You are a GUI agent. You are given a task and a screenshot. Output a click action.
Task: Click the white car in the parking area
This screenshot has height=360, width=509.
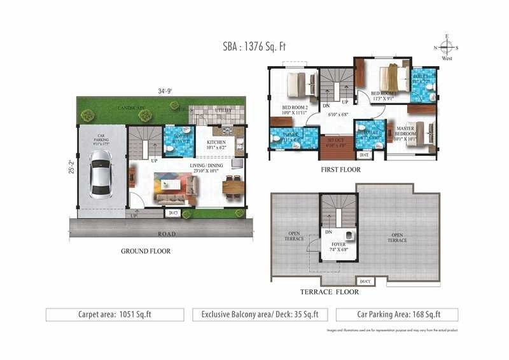[101, 178]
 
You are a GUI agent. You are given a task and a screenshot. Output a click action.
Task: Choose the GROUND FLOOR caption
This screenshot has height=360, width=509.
[146, 251]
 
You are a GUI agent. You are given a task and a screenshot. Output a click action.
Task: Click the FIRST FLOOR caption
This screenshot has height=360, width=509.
[340, 170]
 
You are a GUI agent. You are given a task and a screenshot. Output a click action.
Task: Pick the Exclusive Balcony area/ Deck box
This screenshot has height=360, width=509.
[260, 314]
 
